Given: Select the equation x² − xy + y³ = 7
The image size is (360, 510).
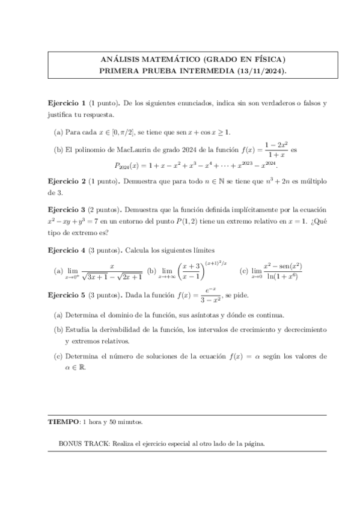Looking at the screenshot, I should coord(82,221).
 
